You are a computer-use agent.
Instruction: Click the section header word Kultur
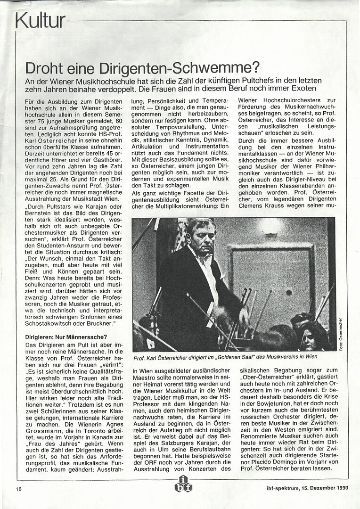pyautogui.click(x=40, y=20)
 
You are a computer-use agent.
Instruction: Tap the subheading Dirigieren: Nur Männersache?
pyautogui.click(x=66, y=337)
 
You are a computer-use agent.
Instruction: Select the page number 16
pyautogui.click(x=18, y=488)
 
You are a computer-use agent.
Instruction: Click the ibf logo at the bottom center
pyautogui.click(x=182, y=484)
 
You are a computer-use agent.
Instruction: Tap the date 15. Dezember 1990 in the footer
pyautogui.click(x=322, y=488)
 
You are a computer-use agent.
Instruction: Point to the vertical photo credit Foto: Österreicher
pyautogui.click(x=340, y=334)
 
